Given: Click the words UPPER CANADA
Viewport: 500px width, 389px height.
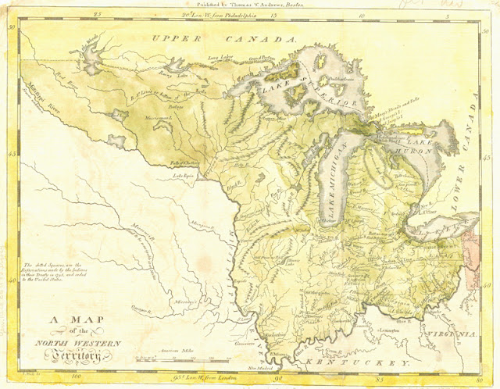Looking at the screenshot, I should click(224, 38).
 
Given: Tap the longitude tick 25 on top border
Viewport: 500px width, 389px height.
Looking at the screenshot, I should click(97, 14).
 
